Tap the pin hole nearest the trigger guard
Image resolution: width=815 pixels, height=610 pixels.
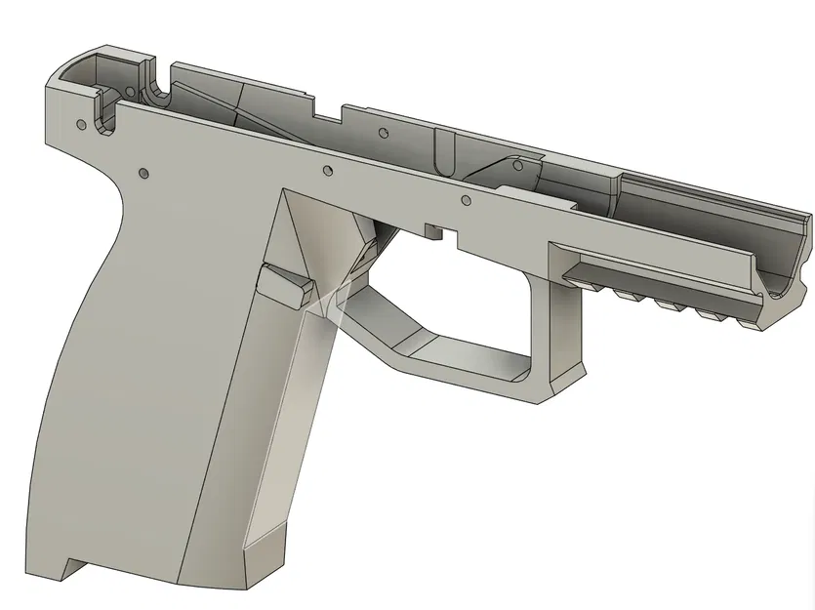[x=465, y=201]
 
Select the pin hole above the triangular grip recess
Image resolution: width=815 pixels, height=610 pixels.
[x=328, y=172]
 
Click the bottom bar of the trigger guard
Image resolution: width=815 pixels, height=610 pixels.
[x=459, y=371]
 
